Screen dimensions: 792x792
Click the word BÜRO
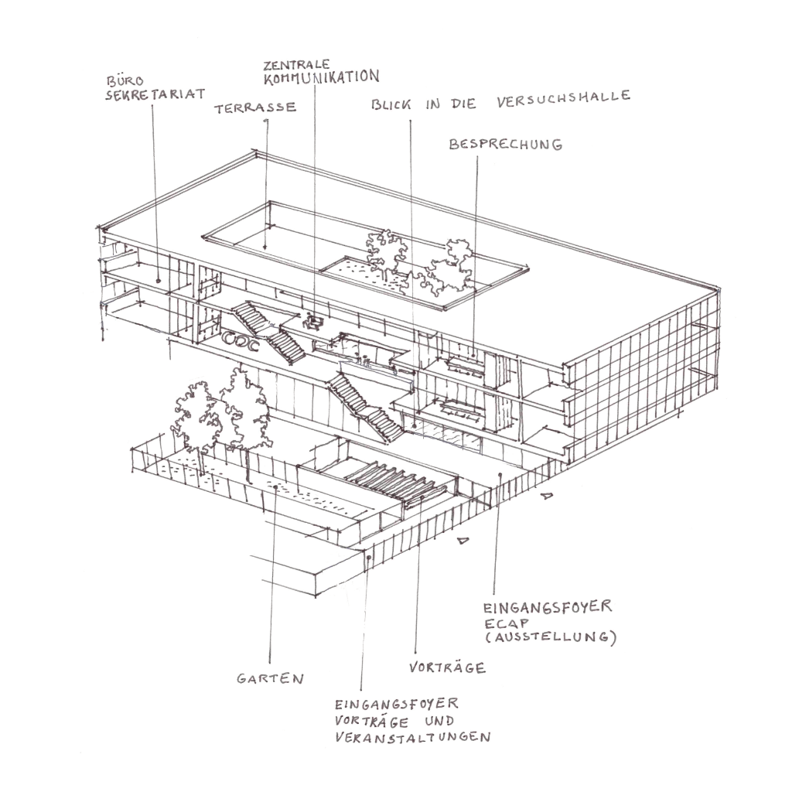coord(125,80)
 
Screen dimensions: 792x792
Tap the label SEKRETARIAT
coord(155,94)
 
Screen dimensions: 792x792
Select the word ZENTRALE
coord(296,65)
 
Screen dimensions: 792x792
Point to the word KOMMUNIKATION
coord(322,77)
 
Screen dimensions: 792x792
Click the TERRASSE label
coord(255,108)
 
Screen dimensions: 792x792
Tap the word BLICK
coord(391,104)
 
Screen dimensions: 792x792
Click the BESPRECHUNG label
coord(506,145)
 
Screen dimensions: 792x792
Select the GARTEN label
coord(270,678)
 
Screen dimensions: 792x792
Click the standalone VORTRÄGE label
coord(448,667)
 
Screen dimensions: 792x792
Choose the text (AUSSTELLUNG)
coord(551,637)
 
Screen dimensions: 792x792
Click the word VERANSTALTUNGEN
coord(413,737)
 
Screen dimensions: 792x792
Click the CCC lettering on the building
coord(241,340)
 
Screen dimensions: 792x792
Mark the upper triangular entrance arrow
coord(547,496)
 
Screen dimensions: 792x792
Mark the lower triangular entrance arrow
coord(463,541)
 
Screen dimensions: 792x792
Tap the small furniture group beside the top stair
coord(314,321)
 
